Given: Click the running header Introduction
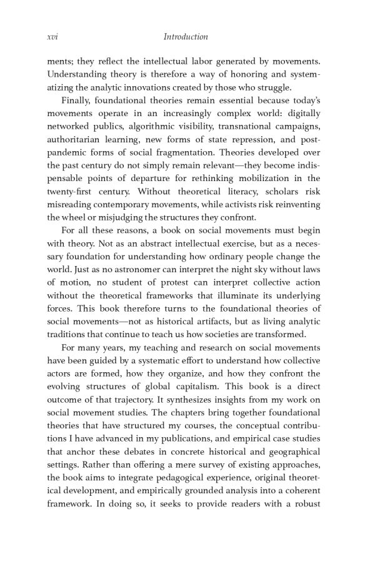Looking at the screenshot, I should [186, 37].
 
